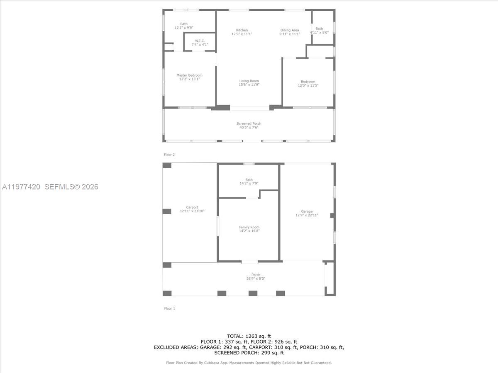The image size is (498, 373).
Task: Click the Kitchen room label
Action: (x=242, y=30)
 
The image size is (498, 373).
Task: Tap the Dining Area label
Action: (x=289, y=30)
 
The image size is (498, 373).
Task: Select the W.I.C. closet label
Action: (x=200, y=41)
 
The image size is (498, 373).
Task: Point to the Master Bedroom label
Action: (x=189, y=75)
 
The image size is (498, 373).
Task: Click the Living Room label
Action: (x=249, y=81)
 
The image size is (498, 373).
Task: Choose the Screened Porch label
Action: (x=249, y=124)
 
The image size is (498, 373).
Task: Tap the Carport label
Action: (x=192, y=207)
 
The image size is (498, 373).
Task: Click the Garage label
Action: (x=307, y=211)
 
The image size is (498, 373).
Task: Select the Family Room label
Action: (x=249, y=227)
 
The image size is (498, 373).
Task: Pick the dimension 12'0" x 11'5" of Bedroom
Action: (x=308, y=85)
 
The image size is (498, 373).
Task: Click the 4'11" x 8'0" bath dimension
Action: (x=319, y=32)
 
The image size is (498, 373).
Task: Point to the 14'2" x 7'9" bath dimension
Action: (x=249, y=183)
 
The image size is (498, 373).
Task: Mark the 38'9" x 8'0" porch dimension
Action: (x=256, y=279)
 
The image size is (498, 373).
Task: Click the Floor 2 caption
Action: (x=169, y=155)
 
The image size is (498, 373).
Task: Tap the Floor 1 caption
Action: (x=169, y=308)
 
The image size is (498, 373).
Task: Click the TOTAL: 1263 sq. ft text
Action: (x=249, y=336)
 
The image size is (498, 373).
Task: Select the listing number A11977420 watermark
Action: (x=21, y=187)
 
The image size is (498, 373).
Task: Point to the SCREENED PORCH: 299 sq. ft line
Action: (x=249, y=353)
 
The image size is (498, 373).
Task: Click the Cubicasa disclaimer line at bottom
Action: (x=249, y=363)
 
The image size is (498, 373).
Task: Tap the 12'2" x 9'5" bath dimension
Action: (x=184, y=27)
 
